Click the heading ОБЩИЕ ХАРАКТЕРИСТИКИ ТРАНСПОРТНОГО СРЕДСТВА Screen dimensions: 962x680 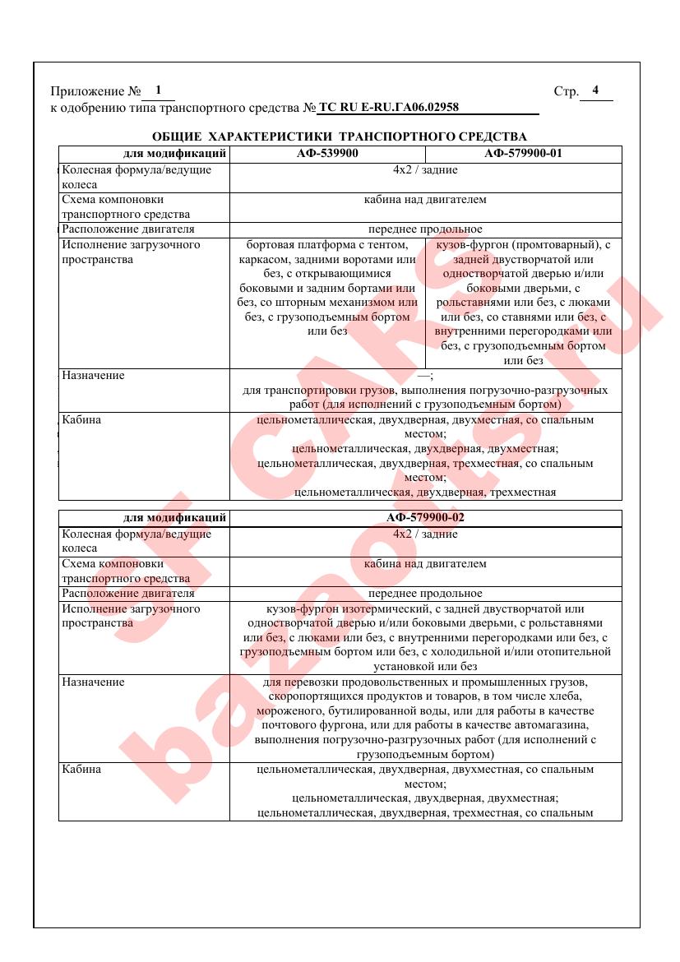pyautogui.click(x=340, y=136)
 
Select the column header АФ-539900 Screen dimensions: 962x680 pyautogui.click(x=327, y=153)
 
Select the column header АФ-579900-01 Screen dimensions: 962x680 pyautogui.click(x=523, y=153)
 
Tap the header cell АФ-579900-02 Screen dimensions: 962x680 pyautogui.click(x=425, y=518)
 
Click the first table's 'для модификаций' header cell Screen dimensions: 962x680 pyautogui.click(x=174, y=153)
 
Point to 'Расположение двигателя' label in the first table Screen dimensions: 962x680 pyautogui.click(x=128, y=229)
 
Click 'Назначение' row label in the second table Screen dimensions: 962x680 pyautogui.click(x=94, y=682)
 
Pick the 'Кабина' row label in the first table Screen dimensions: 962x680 pyautogui.click(x=81, y=419)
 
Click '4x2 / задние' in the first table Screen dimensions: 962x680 pyautogui.click(x=425, y=169)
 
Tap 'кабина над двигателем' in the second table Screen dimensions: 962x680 pyautogui.click(x=425, y=563)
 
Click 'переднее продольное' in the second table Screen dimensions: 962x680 pyautogui.click(x=425, y=593)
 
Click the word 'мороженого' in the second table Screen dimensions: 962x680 pyautogui.click(x=290, y=710)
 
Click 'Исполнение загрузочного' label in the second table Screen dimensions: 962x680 pyautogui.click(x=131, y=608)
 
